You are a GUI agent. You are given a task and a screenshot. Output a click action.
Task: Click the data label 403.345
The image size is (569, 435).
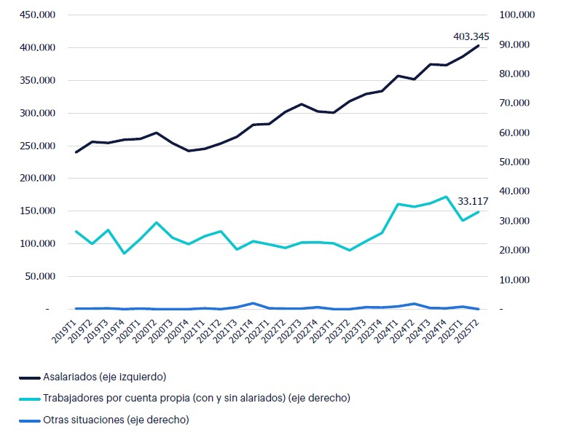pos(471,36)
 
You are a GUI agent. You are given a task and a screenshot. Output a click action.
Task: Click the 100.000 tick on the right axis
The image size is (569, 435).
pos(516,15)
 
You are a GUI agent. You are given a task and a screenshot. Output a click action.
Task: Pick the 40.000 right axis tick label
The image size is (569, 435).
pos(518,192)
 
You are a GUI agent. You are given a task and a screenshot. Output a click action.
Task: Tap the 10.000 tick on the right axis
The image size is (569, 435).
pos(518,280)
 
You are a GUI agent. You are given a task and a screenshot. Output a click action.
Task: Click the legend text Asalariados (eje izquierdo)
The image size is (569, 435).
pos(104,377)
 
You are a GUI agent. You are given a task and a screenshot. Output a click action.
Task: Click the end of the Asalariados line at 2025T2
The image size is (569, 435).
pos(478,46)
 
